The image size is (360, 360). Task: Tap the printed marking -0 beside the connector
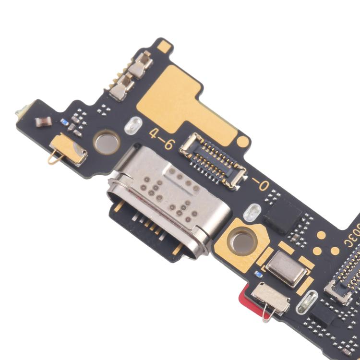pos(261,184)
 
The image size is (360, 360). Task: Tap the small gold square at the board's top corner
pos(165,46)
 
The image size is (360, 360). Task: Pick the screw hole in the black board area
pos(106,142)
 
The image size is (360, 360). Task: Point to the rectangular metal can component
pos(286,269)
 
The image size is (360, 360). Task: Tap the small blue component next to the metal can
pos(258,275)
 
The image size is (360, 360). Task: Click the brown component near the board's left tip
pos(43,121)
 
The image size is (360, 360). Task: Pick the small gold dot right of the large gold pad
pos(244,142)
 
